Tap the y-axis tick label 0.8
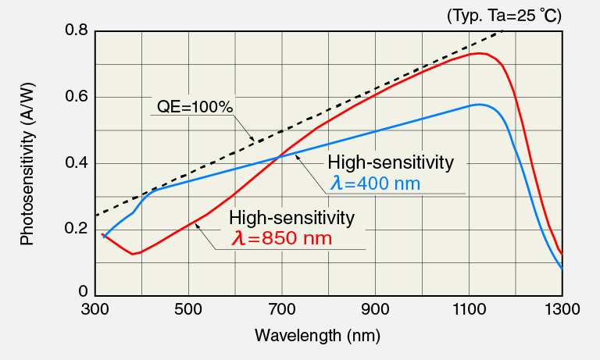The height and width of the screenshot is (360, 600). pos(76,30)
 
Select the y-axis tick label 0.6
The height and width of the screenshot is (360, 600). pos(76,97)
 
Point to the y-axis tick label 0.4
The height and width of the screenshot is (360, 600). pos(76,163)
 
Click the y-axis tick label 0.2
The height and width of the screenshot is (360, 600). pos(76,229)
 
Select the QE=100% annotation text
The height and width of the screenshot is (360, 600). pos(195,107)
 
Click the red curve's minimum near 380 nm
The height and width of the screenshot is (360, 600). pos(134,254)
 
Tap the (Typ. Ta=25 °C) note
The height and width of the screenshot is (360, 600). pos(504,15)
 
